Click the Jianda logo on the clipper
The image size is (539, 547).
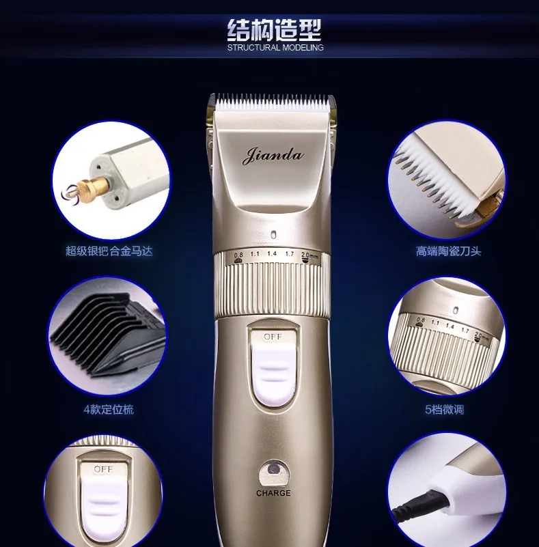(273, 156)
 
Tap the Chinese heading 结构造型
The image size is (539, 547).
(274, 30)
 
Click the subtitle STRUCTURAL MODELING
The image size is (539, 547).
(275, 48)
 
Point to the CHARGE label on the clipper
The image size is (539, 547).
(273, 493)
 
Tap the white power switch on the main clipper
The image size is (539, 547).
(273, 369)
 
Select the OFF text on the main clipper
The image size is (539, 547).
(273, 337)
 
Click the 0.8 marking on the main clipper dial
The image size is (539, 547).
(238, 255)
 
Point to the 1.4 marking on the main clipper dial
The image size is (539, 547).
(272, 253)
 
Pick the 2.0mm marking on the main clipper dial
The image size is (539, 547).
(309, 255)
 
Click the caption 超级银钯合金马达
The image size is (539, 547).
(109, 251)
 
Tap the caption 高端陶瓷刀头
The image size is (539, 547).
(448, 251)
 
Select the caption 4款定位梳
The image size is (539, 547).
(109, 409)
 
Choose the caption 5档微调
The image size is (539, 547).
(444, 409)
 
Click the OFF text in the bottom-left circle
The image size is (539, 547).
(103, 469)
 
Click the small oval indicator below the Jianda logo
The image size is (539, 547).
(273, 235)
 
